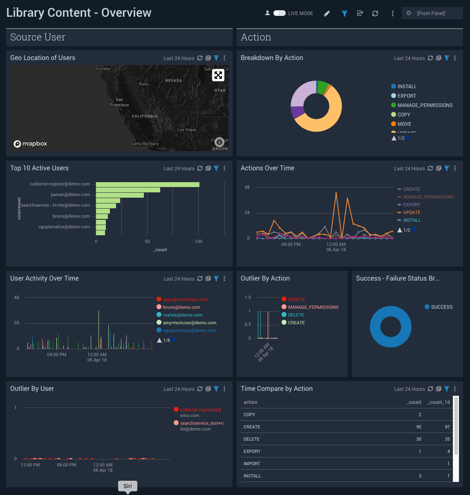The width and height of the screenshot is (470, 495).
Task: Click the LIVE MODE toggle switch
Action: pos(280,13)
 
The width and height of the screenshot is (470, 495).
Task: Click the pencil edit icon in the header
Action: pos(327,13)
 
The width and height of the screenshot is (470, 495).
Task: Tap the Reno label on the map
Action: pos(144,84)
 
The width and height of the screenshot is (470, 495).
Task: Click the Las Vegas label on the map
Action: pos(187,129)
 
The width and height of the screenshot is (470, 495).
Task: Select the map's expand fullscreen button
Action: pos(218,75)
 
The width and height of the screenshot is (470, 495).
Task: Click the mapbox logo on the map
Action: pos(31,144)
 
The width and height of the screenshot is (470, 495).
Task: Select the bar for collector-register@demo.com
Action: pos(148,185)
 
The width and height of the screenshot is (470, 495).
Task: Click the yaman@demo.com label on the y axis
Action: pos(70,195)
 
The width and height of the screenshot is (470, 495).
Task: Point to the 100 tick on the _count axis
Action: pos(199,241)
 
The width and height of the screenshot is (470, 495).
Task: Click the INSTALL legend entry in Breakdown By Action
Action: pos(407,87)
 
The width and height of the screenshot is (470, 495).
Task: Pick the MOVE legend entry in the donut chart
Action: pos(404,124)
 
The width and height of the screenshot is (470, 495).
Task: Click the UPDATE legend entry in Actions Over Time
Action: pos(412,212)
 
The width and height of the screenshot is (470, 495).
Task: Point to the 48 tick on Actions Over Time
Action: pos(247,187)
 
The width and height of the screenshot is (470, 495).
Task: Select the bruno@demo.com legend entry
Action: pos(181,307)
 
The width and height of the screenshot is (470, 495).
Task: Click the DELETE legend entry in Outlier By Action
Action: pos(296,315)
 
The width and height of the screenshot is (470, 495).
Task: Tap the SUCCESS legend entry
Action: pos(441,307)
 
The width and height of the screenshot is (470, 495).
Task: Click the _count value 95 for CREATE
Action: pos(419,427)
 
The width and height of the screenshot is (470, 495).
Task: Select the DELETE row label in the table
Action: pos(252,439)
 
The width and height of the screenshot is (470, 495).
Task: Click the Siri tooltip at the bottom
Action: pos(128,486)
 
